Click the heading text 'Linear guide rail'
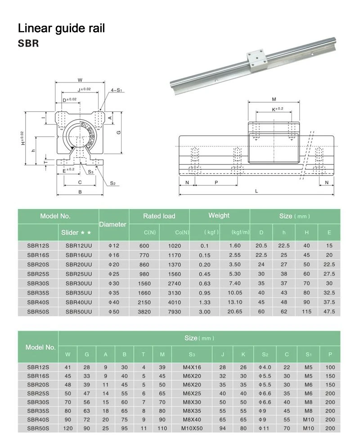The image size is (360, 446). click(61, 28)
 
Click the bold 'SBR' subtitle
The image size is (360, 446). click(28, 44)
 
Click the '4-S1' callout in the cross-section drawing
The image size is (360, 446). click(116, 90)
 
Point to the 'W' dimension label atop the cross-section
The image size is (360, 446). click(80, 80)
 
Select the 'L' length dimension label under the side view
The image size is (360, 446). click(256, 191)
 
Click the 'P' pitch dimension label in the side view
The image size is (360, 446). click(216, 182)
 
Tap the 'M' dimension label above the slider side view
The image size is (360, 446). click(274, 99)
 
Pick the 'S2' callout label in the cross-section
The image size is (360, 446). click(113, 183)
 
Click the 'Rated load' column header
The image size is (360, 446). click(159, 216)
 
